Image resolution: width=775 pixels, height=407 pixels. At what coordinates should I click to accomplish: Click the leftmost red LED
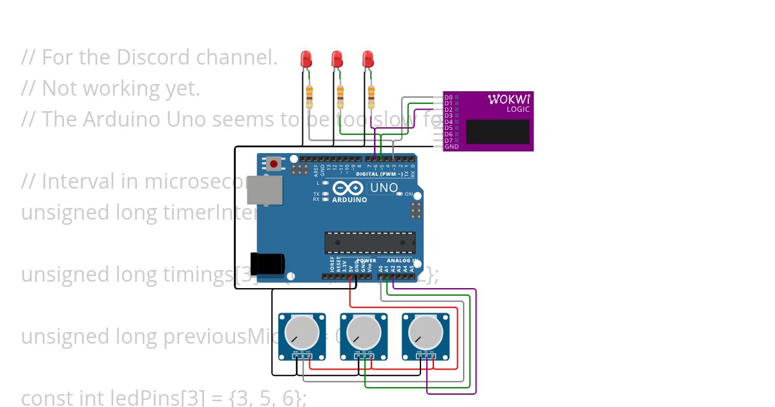(x=306, y=59)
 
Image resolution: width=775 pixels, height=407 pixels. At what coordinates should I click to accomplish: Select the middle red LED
(x=336, y=59)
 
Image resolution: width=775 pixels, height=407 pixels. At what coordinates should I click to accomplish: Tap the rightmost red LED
(x=367, y=59)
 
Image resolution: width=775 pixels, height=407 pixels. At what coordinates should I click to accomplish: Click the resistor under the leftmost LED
(x=309, y=96)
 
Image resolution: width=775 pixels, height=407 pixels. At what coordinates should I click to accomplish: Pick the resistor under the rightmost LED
(x=371, y=96)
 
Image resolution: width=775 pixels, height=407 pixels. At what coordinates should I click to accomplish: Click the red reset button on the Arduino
(x=274, y=163)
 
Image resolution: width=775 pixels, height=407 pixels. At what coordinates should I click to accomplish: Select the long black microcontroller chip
(x=369, y=243)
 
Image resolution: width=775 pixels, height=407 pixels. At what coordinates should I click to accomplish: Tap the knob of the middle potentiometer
(x=364, y=332)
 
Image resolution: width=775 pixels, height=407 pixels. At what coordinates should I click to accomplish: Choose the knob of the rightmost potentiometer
(x=426, y=332)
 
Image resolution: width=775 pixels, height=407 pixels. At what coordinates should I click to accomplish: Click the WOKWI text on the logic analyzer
(x=509, y=99)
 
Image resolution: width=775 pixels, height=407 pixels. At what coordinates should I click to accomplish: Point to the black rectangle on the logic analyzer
(x=497, y=132)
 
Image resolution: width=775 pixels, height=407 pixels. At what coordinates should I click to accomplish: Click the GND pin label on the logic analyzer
(x=451, y=147)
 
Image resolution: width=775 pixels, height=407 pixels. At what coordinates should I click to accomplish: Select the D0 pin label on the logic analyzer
(x=448, y=98)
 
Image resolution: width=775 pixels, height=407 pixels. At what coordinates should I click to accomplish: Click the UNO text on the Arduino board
(x=384, y=188)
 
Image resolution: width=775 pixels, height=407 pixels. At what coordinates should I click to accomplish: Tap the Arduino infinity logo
(x=349, y=188)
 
